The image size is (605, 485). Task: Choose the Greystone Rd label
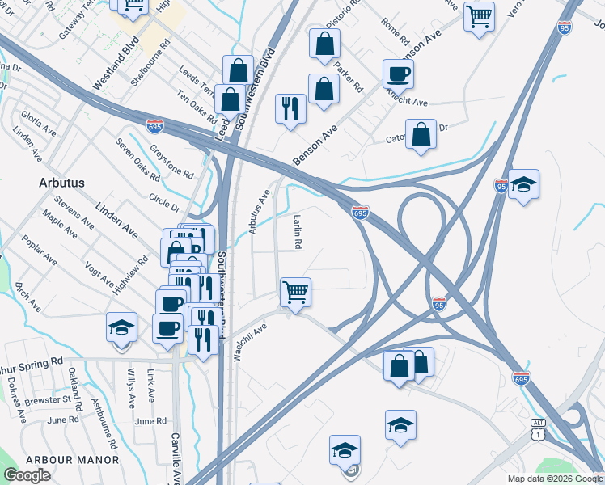[171, 161]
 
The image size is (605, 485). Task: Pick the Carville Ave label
[175, 457]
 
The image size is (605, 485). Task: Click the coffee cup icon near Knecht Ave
[398, 74]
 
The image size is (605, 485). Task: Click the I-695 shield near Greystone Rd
[155, 126]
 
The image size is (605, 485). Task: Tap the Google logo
[27, 475]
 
